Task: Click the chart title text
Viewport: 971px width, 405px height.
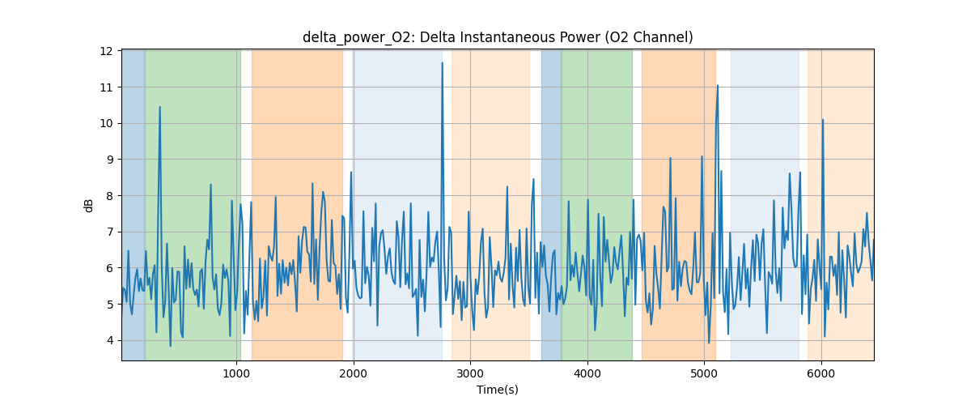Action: [x=498, y=37]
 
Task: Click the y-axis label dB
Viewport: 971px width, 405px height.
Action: [x=89, y=205]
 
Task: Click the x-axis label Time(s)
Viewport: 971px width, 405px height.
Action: [x=498, y=390]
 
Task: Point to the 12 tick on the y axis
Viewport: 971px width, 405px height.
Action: [x=107, y=51]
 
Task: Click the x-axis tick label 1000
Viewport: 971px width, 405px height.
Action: [x=236, y=374]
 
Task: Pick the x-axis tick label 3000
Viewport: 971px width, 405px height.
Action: [x=470, y=374]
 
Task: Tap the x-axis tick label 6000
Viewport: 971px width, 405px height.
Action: [x=821, y=374]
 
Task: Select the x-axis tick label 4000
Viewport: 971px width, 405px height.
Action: [x=587, y=374]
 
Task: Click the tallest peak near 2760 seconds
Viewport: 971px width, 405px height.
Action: [x=442, y=63]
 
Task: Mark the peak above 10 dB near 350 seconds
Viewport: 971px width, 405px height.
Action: [x=159, y=107]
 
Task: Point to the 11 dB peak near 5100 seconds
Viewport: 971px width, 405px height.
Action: [x=717, y=85]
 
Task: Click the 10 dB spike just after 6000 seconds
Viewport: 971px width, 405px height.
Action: [x=823, y=120]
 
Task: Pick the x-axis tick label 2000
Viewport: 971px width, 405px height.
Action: [x=354, y=374]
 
